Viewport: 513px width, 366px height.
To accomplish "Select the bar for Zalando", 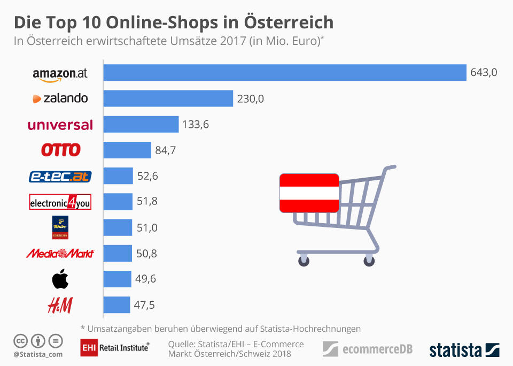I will [168, 98].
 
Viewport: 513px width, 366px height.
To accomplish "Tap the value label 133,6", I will [196, 125].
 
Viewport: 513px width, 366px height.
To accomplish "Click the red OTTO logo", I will [60, 150].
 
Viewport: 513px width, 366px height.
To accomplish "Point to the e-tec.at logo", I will [60, 176].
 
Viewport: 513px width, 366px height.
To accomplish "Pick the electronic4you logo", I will [60, 202].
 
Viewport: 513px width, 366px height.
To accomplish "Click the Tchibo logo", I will [60, 227].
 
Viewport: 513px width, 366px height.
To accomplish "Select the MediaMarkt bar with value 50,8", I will [118, 253].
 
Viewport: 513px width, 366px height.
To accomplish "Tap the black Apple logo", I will [60, 279].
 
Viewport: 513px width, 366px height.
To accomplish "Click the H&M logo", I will [60, 305].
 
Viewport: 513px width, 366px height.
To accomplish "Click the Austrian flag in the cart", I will [308, 193].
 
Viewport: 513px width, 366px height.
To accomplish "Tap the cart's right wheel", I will [369, 261].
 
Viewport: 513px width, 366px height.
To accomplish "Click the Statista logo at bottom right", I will [464, 350].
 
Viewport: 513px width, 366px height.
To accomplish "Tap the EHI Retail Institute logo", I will [114, 348].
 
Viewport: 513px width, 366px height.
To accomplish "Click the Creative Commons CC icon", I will [20, 340].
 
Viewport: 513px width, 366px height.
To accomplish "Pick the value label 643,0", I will [484, 73].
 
